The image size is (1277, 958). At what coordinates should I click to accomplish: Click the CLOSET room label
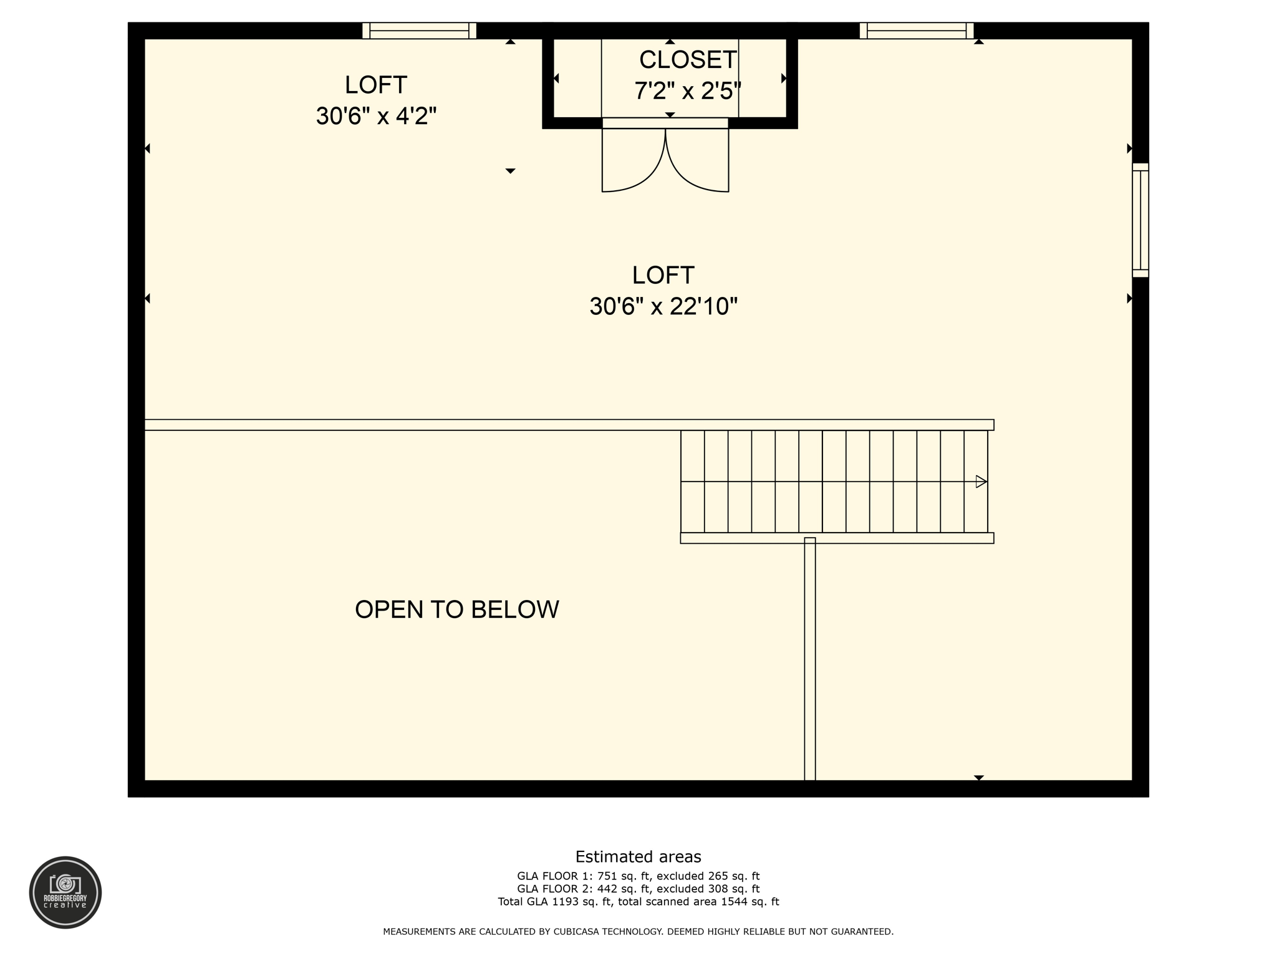(x=688, y=60)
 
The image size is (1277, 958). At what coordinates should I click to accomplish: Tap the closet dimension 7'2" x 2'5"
(x=688, y=91)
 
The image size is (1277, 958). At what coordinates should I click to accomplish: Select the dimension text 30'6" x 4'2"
(x=376, y=116)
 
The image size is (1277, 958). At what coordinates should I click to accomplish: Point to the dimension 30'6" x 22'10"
(x=663, y=306)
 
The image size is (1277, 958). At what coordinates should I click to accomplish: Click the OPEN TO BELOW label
(x=456, y=609)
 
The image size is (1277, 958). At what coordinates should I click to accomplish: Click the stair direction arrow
(x=981, y=481)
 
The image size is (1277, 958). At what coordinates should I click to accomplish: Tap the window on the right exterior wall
(x=1140, y=220)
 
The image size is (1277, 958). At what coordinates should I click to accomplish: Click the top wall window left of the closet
(x=419, y=31)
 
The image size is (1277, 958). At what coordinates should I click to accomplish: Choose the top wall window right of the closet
(x=916, y=31)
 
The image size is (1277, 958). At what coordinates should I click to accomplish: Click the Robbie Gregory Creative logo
(x=65, y=892)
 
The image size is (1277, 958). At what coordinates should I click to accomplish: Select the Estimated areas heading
(x=638, y=856)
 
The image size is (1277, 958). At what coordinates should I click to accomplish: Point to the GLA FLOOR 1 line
(x=638, y=876)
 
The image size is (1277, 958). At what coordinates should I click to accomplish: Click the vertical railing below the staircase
(x=809, y=659)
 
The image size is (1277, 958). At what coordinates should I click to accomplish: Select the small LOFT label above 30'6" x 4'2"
(x=376, y=85)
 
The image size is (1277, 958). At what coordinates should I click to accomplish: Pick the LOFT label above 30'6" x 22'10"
(x=663, y=275)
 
